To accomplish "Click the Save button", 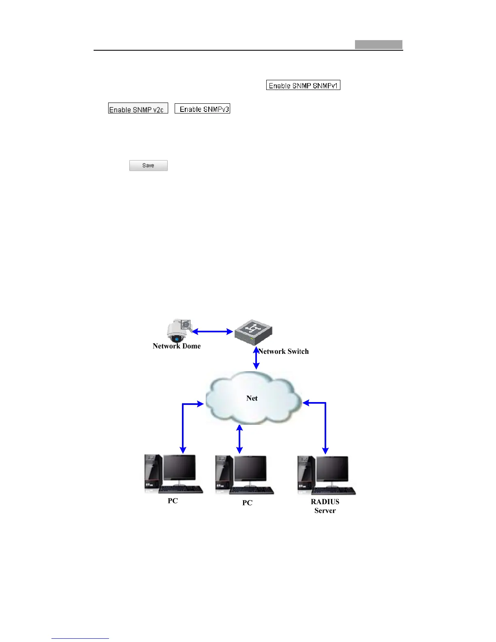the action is (148, 165).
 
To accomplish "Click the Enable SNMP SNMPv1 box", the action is (303, 85).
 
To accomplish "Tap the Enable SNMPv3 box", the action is (203, 109).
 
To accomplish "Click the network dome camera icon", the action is (177, 332).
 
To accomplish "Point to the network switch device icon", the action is (253, 332).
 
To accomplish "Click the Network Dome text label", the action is (177, 346).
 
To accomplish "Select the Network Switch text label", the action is (284, 351).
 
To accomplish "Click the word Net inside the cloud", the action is (252, 398).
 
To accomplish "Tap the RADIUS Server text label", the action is (325, 506).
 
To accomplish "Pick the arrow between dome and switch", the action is (212, 332).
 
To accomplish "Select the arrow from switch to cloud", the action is (256, 358).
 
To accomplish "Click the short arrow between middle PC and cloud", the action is (239, 439).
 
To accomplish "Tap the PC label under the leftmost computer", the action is (173, 501).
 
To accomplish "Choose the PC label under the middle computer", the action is (247, 503).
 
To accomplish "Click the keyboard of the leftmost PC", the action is (182, 490).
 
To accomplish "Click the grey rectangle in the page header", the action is (378, 45).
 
